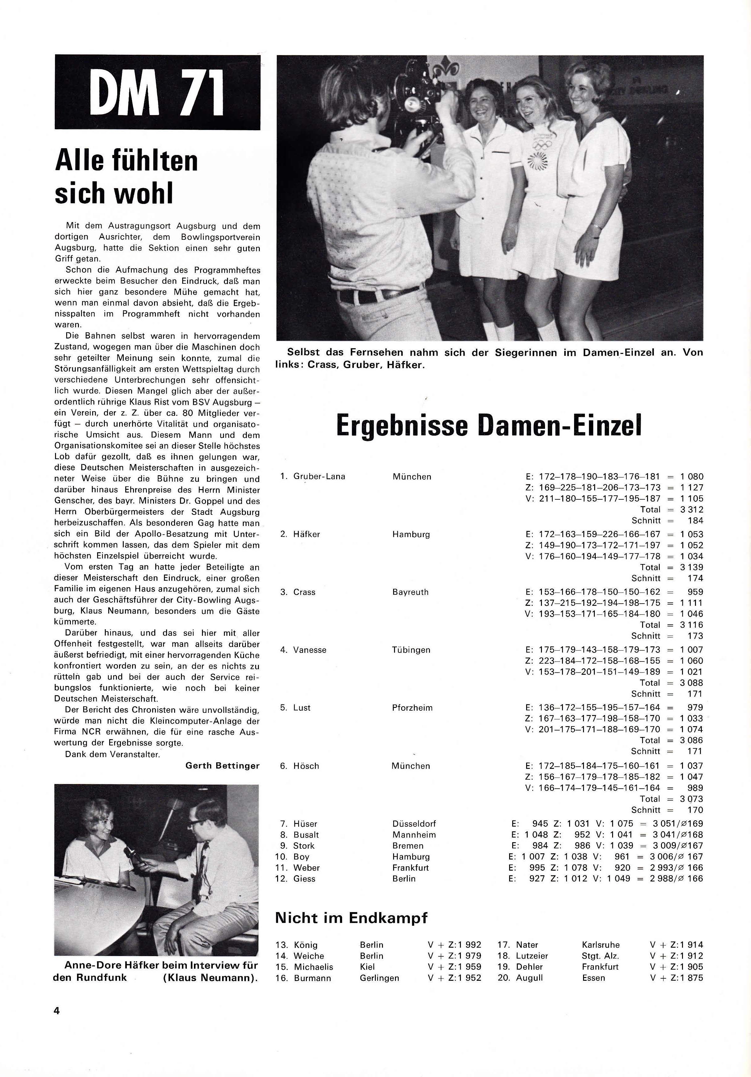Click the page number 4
point(57,1010)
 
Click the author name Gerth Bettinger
point(222,765)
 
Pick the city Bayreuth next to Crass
point(410,592)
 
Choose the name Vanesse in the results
point(310,650)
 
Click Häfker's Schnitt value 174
point(695,578)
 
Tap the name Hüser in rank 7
point(305,824)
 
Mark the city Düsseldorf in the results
point(414,824)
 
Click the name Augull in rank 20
point(529,978)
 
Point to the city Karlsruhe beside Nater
point(600,945)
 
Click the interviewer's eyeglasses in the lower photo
point(195,822)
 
